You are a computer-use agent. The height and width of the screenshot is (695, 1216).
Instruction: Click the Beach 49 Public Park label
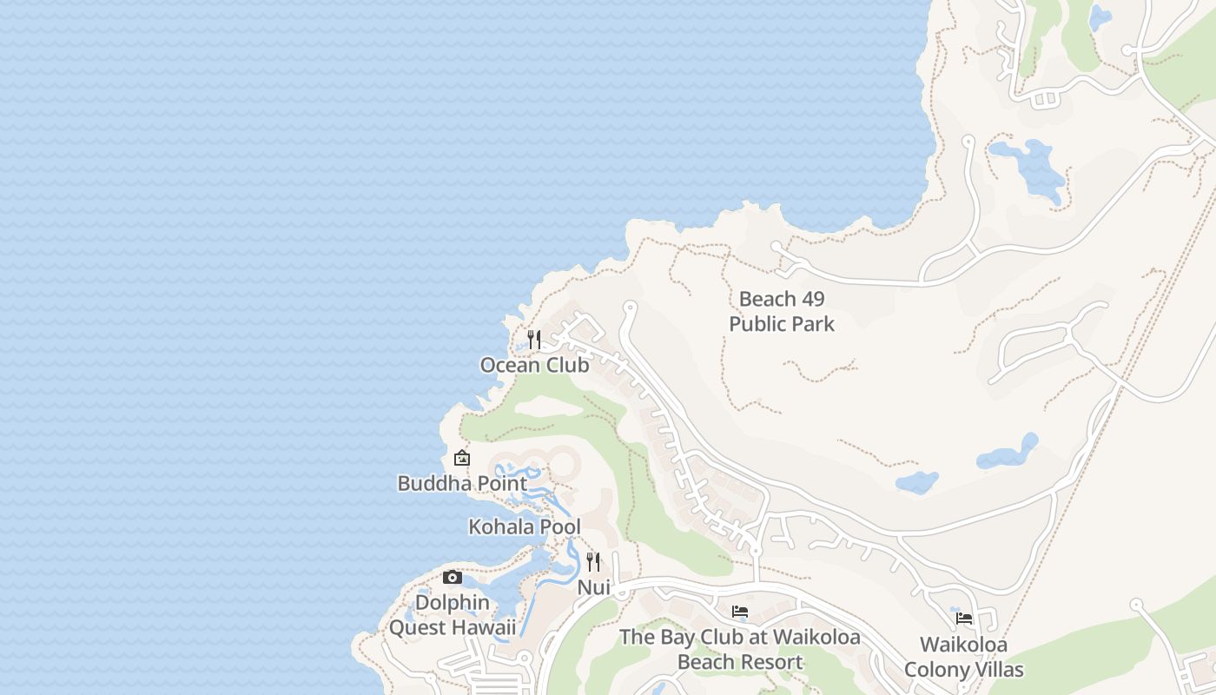click(782, 311)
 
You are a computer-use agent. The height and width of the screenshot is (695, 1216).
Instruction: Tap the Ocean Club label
click(534, 365)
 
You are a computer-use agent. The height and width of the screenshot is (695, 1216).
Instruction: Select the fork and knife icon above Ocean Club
click(534, 339)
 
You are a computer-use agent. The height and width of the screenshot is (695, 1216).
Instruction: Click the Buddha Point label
click(462, 483)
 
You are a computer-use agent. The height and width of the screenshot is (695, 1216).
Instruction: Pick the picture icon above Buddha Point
click(462, 458)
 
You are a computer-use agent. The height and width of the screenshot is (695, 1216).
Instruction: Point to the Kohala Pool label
click(525, 526)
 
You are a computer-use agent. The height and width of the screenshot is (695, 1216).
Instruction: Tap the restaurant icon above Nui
click(593, 561)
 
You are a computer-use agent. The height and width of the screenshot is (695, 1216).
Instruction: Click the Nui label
click(594, 587)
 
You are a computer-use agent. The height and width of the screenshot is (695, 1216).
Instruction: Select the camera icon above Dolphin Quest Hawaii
click(452, 577)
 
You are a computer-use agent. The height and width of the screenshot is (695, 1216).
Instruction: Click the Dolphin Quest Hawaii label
click(452, 614)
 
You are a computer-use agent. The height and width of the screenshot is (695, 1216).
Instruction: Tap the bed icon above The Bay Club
click(740, 612)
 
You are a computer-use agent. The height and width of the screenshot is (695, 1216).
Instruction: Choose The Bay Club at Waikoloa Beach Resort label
click(740, 649)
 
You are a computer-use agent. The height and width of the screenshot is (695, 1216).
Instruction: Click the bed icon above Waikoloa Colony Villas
click(963, 619)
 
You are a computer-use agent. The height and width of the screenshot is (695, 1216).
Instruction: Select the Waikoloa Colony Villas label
click(963, 657)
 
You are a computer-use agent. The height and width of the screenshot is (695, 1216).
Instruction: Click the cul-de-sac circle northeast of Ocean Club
click(631, 307)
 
